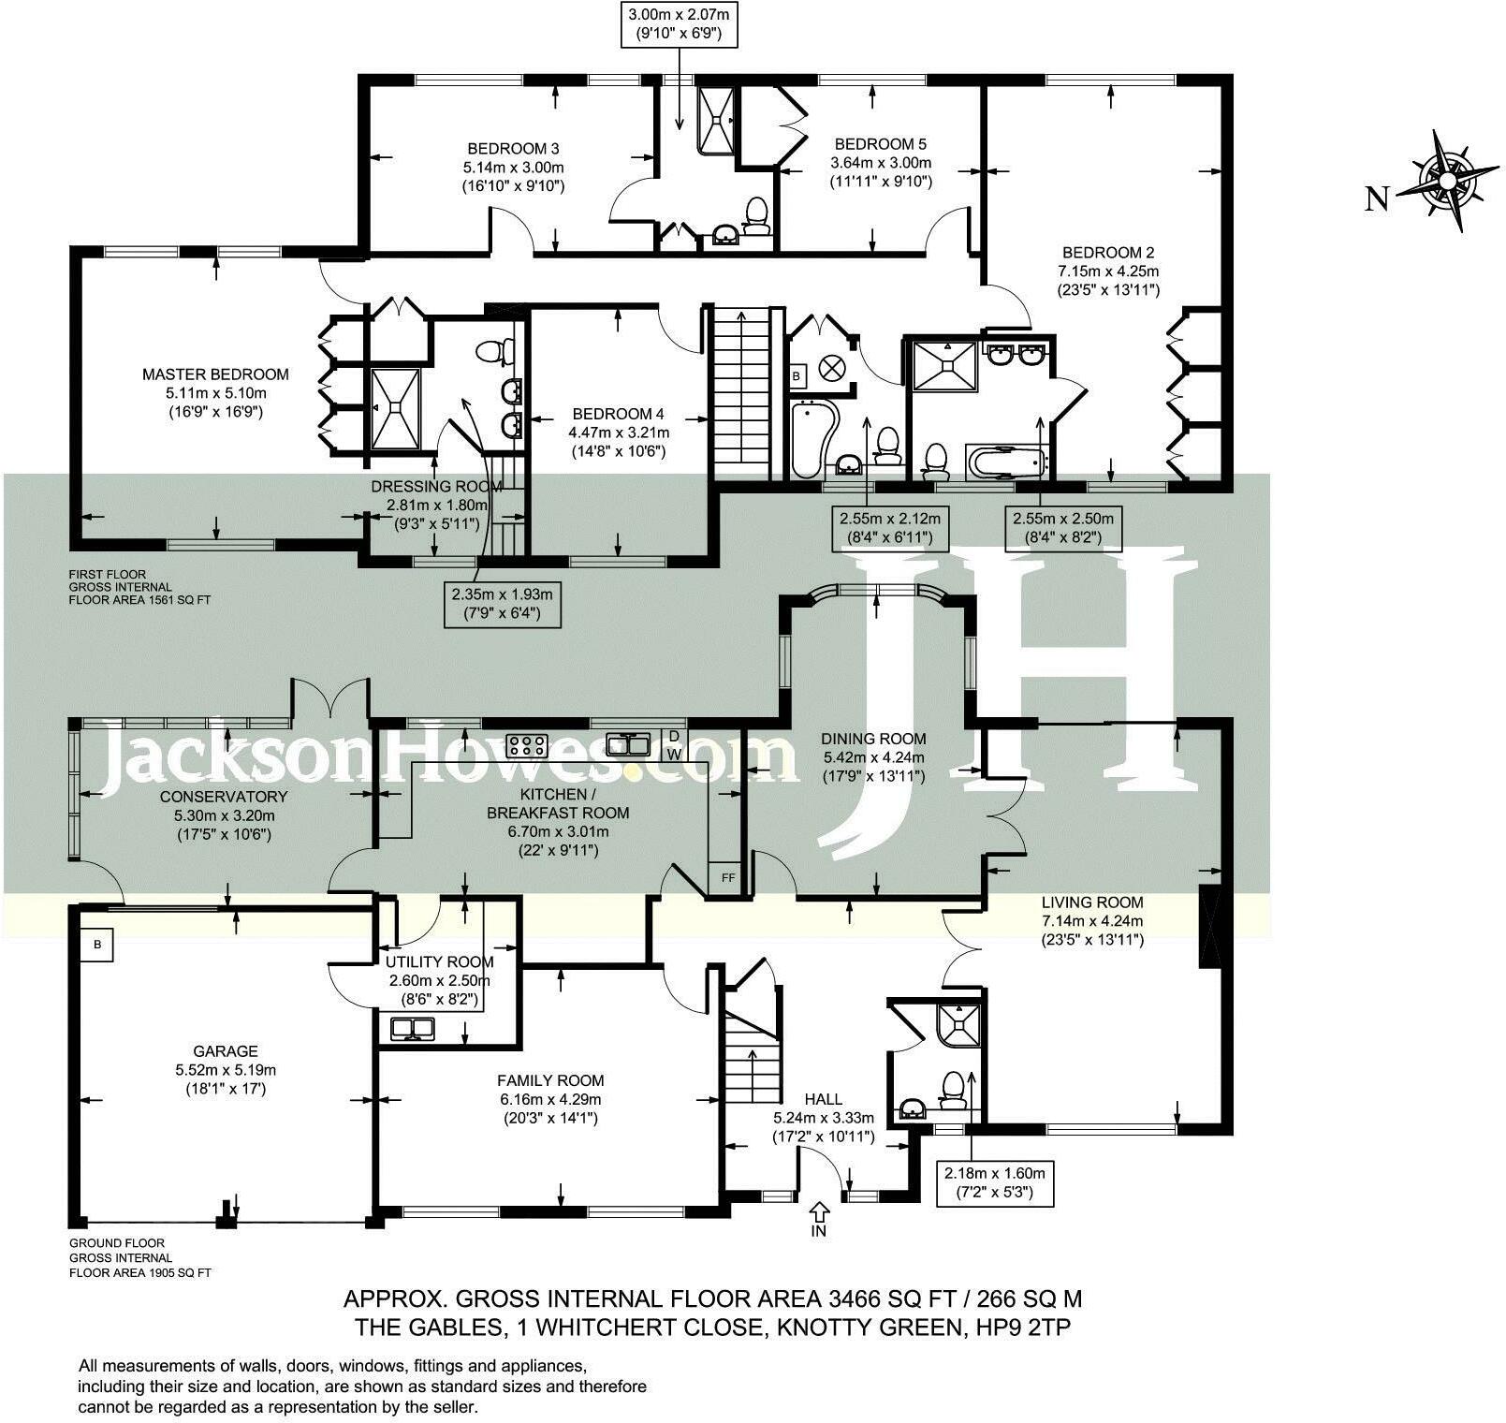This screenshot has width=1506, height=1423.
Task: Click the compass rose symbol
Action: point(1448,179)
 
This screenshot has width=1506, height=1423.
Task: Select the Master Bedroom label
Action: point(215,392)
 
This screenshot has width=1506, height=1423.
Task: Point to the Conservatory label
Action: point(223,815)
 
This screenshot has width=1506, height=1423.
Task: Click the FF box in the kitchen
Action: point(727,877)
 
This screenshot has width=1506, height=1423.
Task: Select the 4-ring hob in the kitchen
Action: point(527,745)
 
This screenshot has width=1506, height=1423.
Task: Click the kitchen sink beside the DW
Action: point(629,745)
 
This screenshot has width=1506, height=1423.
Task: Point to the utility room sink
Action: point(413,1029)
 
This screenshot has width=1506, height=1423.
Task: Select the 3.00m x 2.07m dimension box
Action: point(680,24)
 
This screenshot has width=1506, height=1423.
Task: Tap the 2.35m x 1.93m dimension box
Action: point(503,604)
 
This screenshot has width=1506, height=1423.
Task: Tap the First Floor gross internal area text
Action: point(139,587)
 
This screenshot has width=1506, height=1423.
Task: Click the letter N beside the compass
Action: point(1376,198)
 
